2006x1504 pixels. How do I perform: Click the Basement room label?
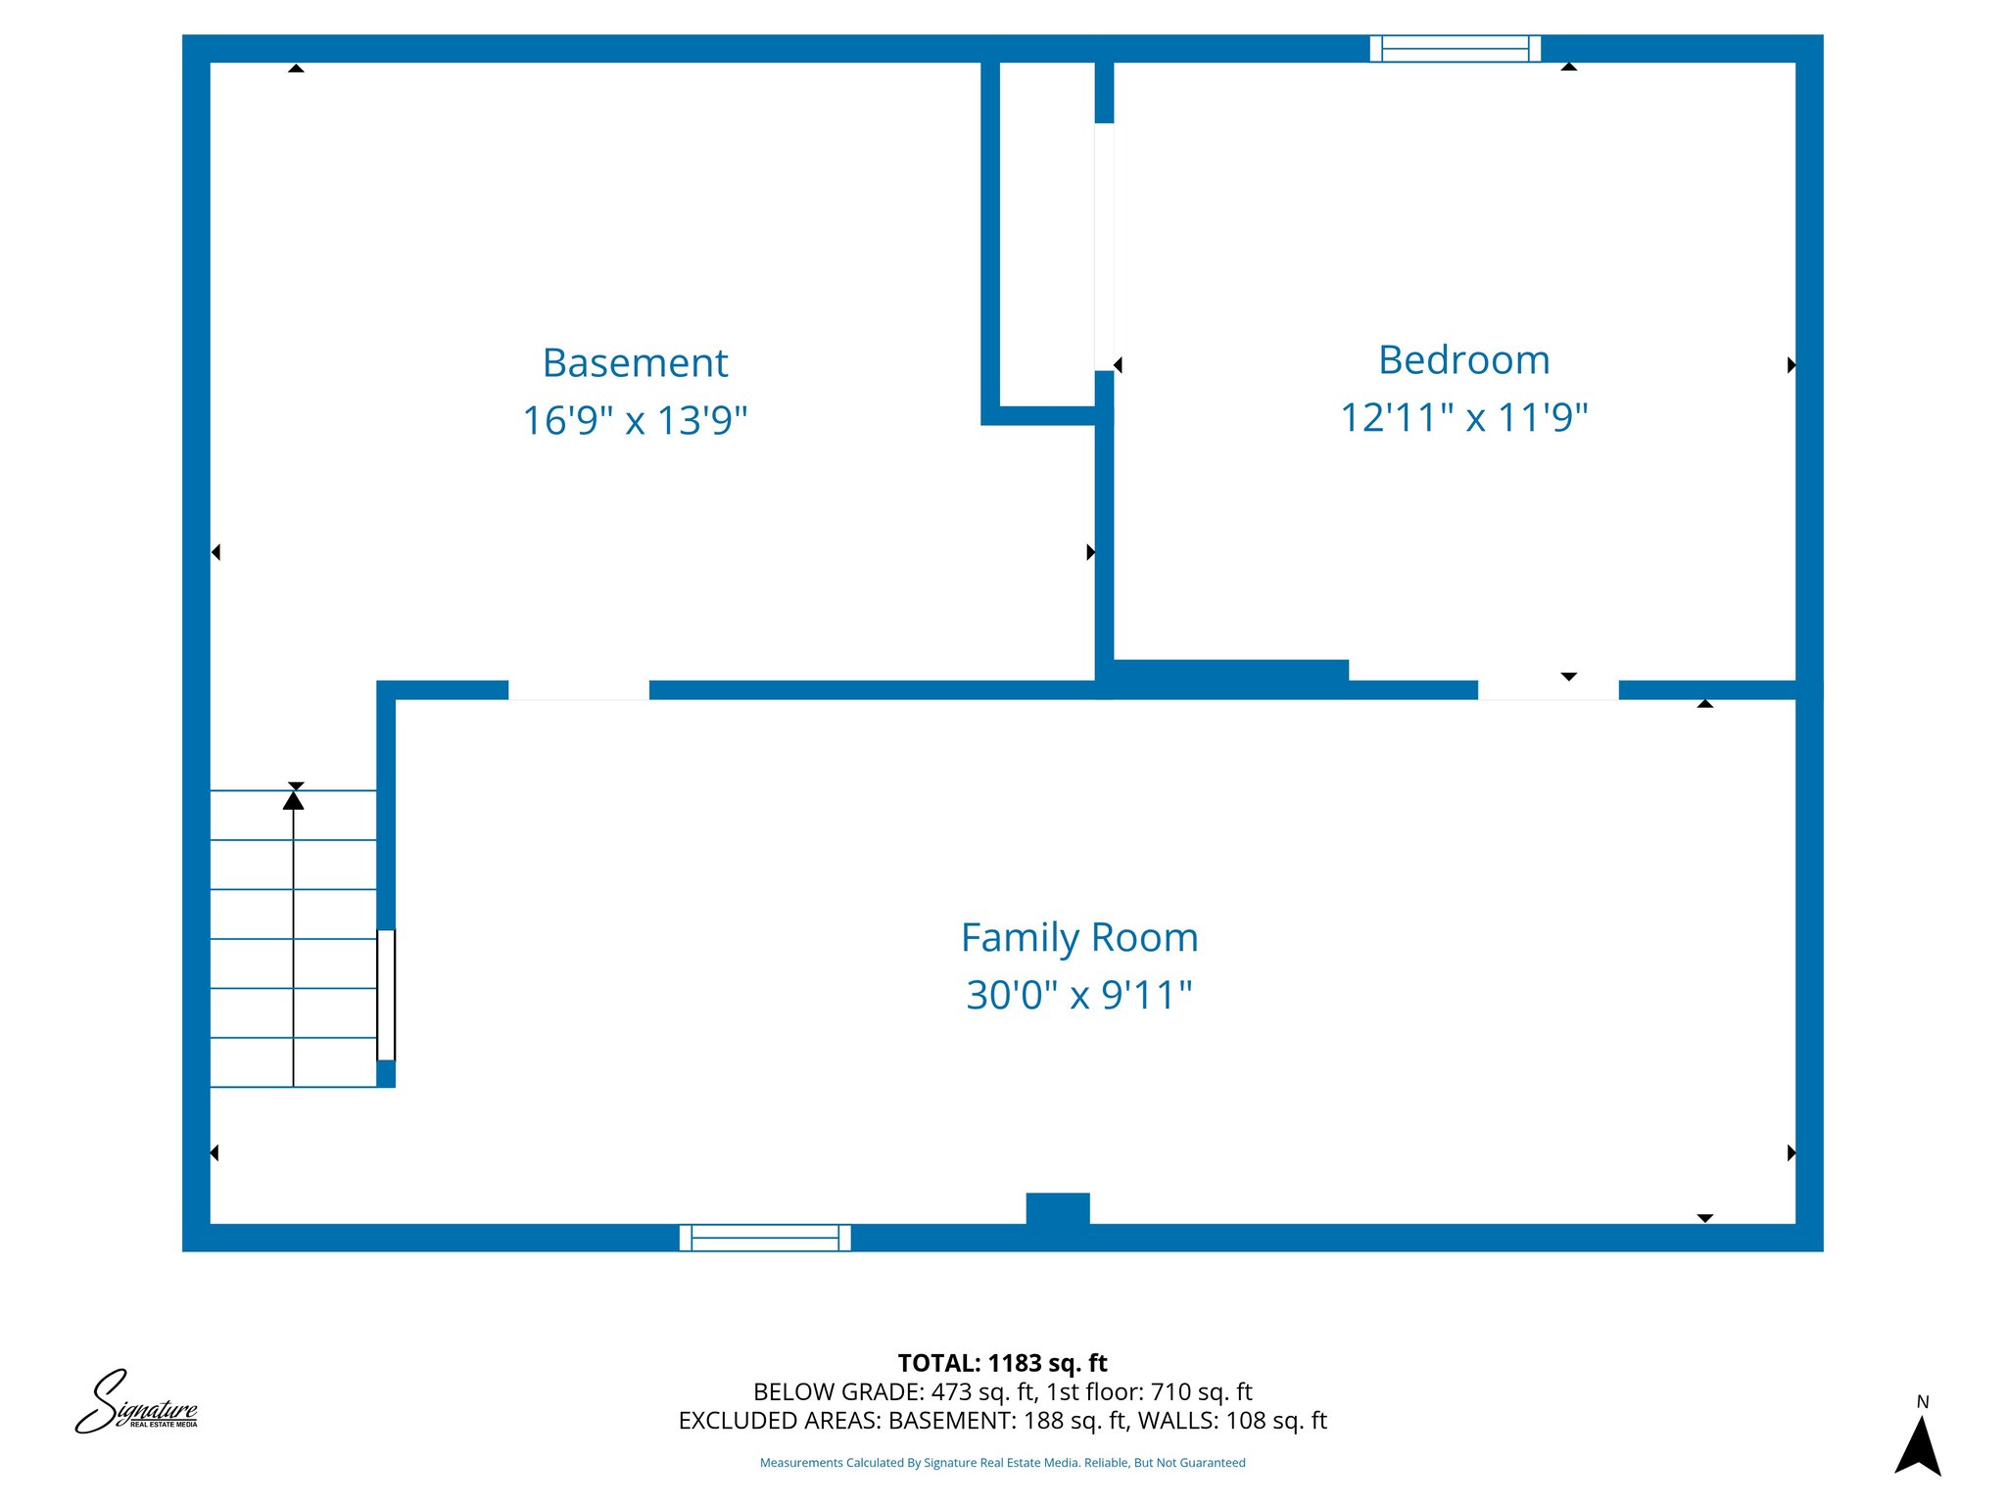point(635,363)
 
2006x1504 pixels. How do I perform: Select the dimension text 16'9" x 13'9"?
point(635,421)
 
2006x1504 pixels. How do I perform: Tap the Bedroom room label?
point(1463,360)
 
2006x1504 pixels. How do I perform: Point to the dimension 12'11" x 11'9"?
point(1463,418)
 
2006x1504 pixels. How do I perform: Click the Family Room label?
point(1079,938)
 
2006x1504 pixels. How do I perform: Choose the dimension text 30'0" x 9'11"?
point(1079,996)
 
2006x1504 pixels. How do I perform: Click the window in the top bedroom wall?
point(1455,48)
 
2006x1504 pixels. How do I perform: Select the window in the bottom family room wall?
point(765,1238)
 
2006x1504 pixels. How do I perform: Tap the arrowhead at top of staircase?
point(293,800)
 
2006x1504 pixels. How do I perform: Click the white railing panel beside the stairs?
point(386,995)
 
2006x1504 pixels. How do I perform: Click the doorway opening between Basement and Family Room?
point(578,690)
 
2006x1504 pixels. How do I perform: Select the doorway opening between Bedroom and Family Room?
point(1548,690)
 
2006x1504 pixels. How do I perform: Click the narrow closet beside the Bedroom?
point(1046,235)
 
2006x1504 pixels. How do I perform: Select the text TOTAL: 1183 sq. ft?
point(1002,1363)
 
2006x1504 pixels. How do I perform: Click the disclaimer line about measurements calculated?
point(1002,1463)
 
